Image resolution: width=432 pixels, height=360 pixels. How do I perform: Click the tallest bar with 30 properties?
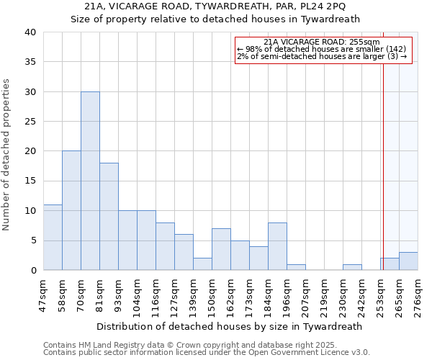pos(90,181)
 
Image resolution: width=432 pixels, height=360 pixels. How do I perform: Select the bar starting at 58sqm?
pos(71,210)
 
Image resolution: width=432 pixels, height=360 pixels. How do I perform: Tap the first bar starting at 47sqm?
pos(53,237)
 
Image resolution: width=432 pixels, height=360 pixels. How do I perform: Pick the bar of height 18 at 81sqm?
pos(109,216)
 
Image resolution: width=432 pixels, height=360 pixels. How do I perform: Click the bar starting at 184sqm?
pos(277,246)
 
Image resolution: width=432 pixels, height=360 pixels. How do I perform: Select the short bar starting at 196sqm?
pos(296,267)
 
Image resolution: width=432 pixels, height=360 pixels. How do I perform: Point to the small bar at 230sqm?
pos(352,267)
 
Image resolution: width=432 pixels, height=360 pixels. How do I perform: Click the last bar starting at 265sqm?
pos(408,261)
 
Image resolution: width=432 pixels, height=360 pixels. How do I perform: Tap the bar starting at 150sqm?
pos(221,249)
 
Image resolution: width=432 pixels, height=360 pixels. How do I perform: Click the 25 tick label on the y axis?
pos(30,122)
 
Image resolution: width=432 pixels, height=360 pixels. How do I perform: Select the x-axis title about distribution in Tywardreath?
pos(228,326)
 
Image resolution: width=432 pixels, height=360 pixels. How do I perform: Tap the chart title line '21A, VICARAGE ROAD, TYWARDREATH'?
pos(215,6)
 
